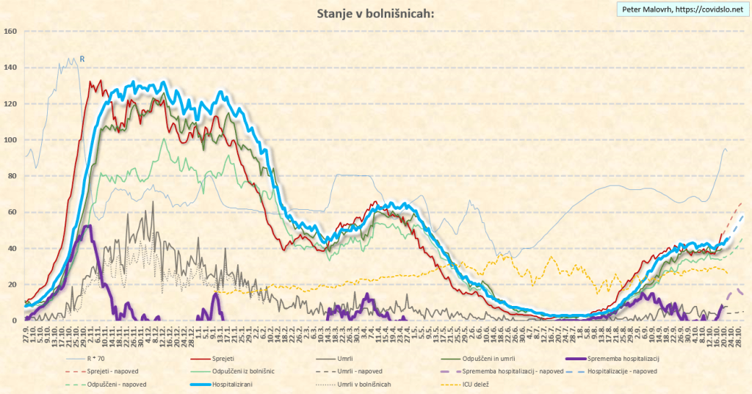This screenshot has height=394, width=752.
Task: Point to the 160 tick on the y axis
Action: [10, 31]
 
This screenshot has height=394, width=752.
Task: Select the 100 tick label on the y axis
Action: [10, 139]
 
